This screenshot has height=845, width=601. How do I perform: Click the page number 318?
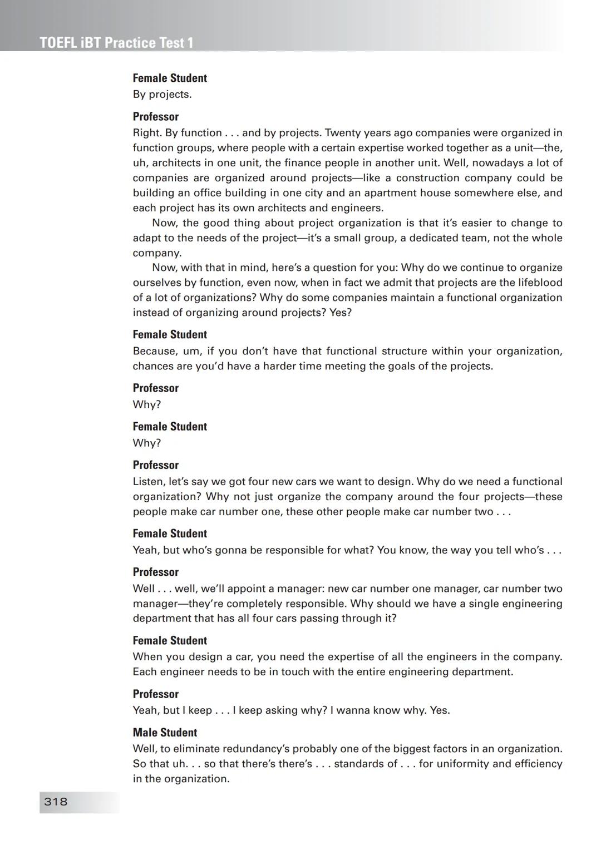pyautogui.click(x=56, y=802)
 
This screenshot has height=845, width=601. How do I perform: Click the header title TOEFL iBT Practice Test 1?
pyautogui.click(x=117, y=43)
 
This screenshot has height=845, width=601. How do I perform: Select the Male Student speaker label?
pyautogui.click(x=165, y=732)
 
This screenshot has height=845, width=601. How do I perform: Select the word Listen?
pyautogui.click(x=149, y=482)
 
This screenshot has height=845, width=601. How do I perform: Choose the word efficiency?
pyautogui.click(x=534, y=764)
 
